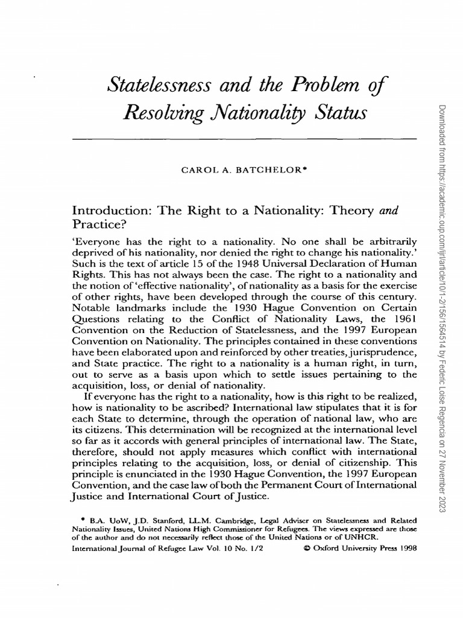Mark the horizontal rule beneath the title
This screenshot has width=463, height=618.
pos(244,139)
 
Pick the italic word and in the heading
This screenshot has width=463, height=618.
pos(388,211)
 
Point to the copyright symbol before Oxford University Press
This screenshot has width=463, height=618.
pos(308,549)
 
